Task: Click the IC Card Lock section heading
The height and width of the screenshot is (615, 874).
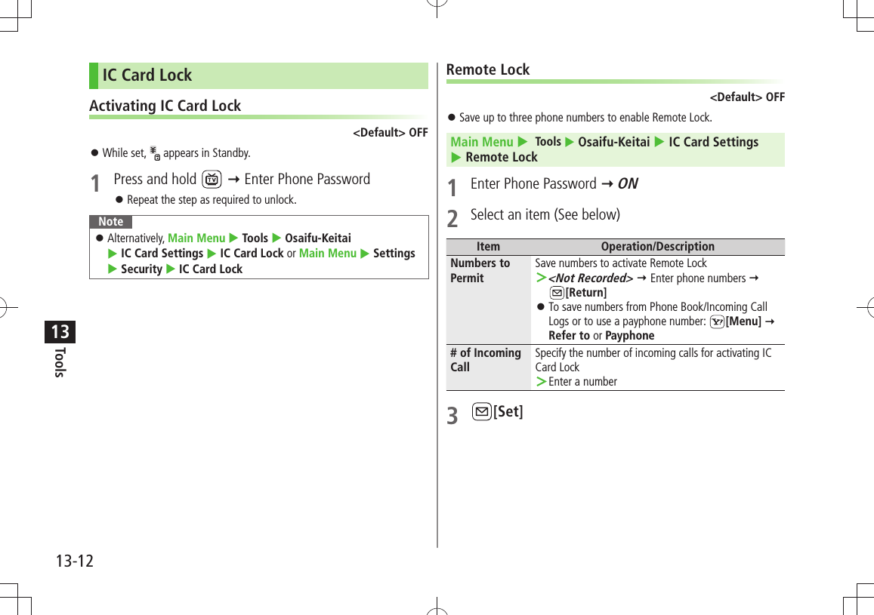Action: pos(147,75)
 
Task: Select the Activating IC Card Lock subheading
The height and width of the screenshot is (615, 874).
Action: pos(165,106)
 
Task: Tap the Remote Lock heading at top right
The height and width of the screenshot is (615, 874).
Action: pos(488,70)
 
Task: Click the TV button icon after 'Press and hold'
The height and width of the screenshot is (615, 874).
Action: pos(212,180)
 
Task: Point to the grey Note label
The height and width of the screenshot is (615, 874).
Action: pos(110,222)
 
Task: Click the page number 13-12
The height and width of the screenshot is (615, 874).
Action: pos(74,561)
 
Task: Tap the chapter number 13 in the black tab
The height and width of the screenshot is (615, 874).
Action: pos(60,331)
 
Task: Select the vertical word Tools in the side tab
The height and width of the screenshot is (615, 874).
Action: pos(60,362)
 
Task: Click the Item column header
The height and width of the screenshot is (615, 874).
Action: pos(488,247)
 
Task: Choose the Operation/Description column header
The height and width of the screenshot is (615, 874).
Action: pos(657,247)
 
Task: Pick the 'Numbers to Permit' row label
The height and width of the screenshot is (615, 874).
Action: pos(480,270)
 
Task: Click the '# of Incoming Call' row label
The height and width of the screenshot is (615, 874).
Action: pos(485,360)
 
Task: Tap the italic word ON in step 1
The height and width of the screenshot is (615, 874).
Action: pos(628,184)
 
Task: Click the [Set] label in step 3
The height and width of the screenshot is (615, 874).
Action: pos(508,412)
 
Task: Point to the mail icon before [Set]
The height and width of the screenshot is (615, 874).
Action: pos(480,412)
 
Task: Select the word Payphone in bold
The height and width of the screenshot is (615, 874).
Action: pos(629,336)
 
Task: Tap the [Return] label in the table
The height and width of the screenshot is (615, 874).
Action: pos(585,293)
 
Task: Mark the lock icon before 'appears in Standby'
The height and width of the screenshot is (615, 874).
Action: pos(155,153)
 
